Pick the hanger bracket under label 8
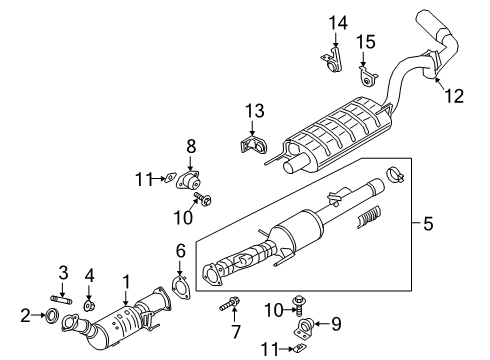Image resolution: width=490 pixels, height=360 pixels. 188,181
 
